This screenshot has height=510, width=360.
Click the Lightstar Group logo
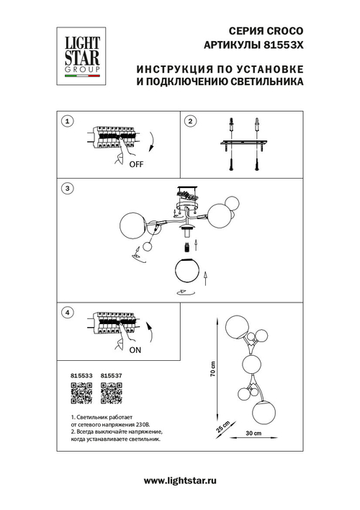pyautogui.click(x=78, y=50)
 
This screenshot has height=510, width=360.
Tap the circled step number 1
pyautogui.click(x=66, y=122)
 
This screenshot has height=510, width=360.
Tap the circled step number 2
pyautogui.click(x=190, y=122)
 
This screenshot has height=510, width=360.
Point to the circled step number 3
pyautogui.click(x=66, y=189)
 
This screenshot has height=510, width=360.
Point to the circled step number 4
pyautogui.click(x=66, y=313)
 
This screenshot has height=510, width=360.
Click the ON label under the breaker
pyautogui.click(x=135, y=352)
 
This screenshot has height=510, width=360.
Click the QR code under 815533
pyautogui.click(x=82, y=394)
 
